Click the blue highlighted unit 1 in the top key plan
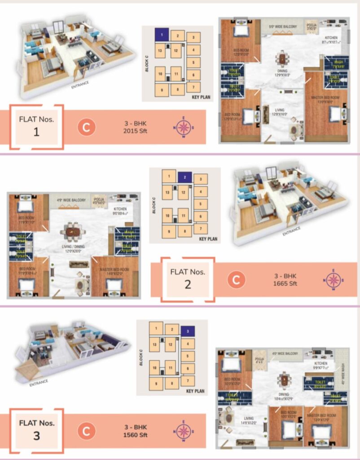162,34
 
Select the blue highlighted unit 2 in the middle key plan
184,177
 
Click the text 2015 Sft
136,131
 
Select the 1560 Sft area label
136,435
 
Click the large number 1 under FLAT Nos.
36,132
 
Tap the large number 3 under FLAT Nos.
36,436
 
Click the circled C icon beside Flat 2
236,280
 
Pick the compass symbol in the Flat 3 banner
183,431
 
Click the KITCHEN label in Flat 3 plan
321,363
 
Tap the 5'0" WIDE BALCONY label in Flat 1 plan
283,27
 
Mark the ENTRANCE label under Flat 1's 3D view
80,83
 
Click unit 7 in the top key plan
193,87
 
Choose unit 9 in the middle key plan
169,232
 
